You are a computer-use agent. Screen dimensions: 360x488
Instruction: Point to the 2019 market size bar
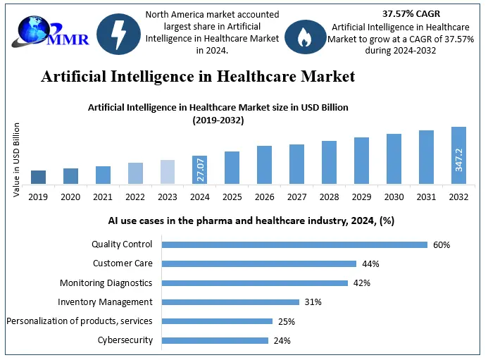[x=39, y=177]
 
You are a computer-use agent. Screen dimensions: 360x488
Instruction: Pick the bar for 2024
[x=199, y=170]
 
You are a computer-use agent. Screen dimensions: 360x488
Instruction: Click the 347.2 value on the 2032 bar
[x=459, y=159]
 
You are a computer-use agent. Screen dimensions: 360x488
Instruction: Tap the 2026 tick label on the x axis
[x=264, y=197]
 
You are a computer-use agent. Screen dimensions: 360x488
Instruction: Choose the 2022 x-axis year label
[x=135, y=197]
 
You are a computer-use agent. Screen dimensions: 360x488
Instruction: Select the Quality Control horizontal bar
[x=294, y=244]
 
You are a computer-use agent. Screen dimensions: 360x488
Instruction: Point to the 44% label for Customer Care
[x=370, y=264]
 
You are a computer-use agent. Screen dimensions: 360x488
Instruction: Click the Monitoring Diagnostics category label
[x=106, y=283]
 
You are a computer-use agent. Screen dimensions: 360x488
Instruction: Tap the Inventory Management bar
[x=230, y=302]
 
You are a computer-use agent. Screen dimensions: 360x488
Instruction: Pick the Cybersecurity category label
[x=125, y=340]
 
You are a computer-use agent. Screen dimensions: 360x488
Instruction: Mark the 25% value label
[x=286, y=321]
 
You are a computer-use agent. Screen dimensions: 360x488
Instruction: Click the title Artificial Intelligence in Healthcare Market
[x=198, y=75]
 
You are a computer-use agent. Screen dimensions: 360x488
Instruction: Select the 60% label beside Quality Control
[x=442, y=245]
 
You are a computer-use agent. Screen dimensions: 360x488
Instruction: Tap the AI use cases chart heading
[x=251, y=221]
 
